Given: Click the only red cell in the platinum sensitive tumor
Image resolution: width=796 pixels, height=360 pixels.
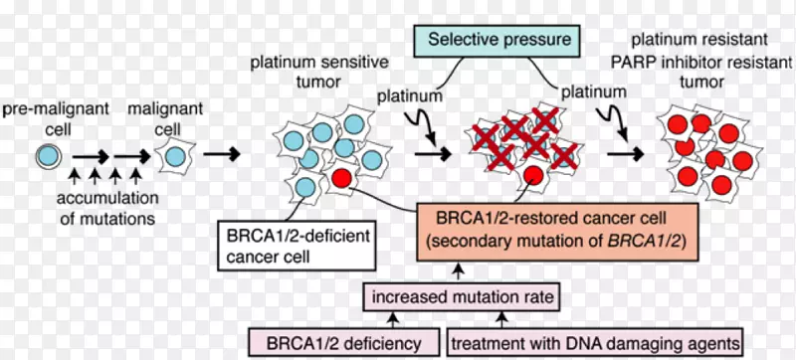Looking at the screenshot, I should (340, 178).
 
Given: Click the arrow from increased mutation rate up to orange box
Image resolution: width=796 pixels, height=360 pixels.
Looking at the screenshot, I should (456, 270).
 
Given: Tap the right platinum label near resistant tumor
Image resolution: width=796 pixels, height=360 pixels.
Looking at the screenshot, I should (595, 90).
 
